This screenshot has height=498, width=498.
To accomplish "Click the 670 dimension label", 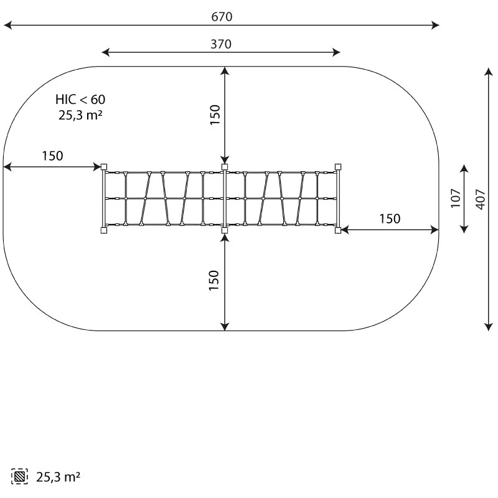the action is pos(222,17).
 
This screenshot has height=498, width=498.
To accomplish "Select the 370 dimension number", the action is pos(221,44).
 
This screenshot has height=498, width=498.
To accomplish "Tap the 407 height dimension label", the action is pos(481,199).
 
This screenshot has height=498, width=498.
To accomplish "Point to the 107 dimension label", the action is pos(456,198).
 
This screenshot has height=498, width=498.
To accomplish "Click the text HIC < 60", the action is pos(80,100).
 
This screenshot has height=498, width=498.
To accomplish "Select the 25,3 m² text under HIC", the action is pos(80,115).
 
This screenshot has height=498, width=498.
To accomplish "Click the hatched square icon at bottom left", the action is pos(19,476).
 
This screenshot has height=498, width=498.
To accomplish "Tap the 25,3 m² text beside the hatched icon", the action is pos(58,477).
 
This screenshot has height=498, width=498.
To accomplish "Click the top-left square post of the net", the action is pos(104,167).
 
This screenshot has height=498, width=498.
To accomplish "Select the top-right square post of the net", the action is pos(338,167).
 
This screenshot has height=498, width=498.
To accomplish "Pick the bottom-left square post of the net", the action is pos(104,230).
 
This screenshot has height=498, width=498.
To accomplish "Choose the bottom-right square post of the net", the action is pos(338,230).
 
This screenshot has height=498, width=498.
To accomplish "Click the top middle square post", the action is pos(225,167).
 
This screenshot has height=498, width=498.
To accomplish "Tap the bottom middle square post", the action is pos(225,230).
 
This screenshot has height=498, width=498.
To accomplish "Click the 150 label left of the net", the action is pos(53,156).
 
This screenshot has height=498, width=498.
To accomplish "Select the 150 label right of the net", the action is pos(390,218).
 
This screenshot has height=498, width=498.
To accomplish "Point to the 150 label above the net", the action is pos(215,115).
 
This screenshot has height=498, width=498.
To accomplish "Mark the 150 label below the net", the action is pos(214,280).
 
